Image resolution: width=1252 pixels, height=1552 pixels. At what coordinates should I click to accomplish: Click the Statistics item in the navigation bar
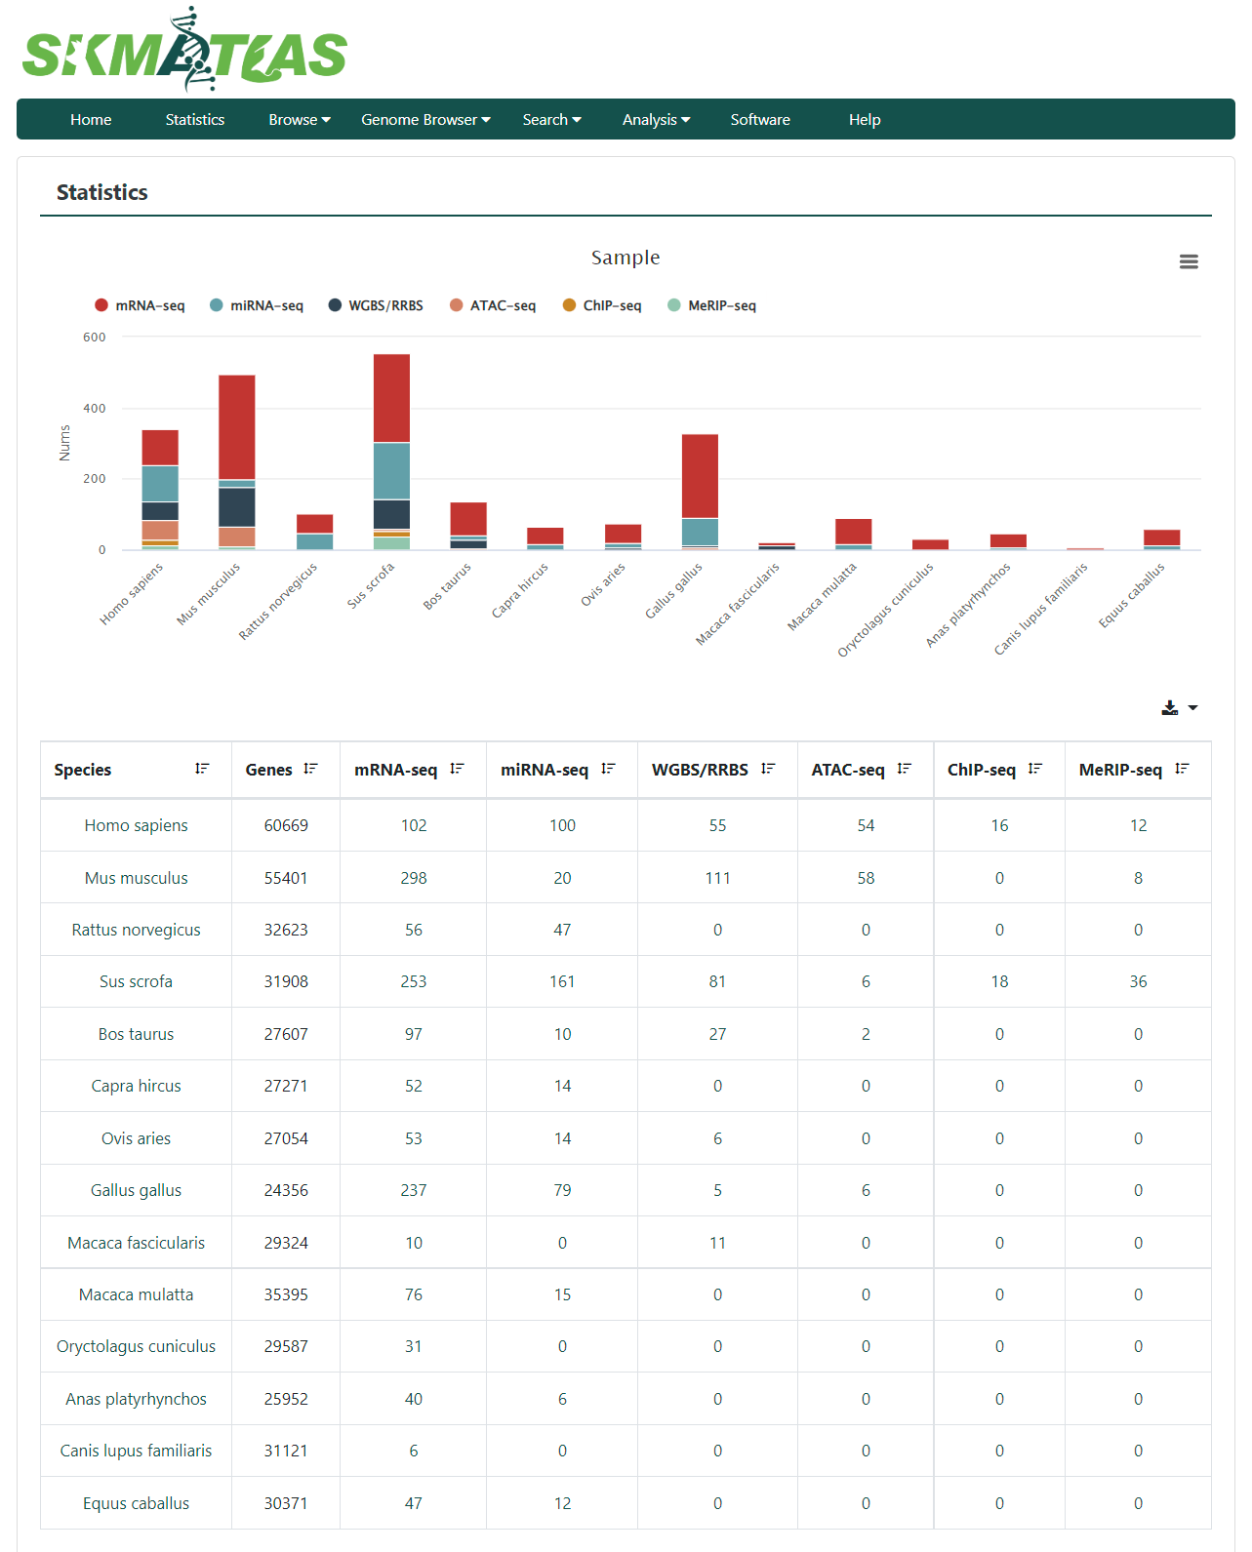point(195,120)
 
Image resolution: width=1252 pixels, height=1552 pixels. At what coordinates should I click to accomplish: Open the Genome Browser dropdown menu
point(425,120)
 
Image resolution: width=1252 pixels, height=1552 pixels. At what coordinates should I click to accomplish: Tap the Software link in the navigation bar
point(760,120)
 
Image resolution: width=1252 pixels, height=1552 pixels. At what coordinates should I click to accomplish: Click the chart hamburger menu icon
point(1189,261)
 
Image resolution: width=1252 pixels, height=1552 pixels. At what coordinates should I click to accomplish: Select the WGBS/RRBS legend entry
point(376,305)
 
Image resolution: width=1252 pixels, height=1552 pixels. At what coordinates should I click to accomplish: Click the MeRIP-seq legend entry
point(712,305)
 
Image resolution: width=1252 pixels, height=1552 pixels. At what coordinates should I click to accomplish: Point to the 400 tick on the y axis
point(95,408)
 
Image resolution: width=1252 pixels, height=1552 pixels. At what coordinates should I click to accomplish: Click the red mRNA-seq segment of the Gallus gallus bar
point(700,476)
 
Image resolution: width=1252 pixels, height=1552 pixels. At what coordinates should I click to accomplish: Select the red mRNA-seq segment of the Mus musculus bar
point(237,427)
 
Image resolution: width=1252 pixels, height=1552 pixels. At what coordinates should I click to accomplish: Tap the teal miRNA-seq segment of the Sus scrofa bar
point(392,471)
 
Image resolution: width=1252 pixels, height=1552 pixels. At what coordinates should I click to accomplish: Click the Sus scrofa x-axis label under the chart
point(371,585)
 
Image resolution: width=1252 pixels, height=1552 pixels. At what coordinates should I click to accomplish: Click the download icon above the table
point(1170,707)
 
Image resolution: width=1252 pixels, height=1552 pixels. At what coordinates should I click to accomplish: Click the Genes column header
point(268,770)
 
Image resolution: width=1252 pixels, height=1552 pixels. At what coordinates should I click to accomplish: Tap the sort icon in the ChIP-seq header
point(1034,769)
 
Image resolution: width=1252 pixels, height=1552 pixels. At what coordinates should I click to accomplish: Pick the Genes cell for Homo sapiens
point(286,825)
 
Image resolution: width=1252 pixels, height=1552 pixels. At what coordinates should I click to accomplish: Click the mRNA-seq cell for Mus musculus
point(414,878)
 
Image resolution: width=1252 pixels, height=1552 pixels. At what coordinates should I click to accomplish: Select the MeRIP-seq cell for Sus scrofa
point(1138,981)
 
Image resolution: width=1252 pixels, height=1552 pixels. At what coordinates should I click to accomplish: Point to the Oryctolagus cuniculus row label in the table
point(136,1346)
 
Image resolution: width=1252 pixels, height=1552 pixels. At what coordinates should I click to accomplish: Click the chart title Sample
point(626,258)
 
